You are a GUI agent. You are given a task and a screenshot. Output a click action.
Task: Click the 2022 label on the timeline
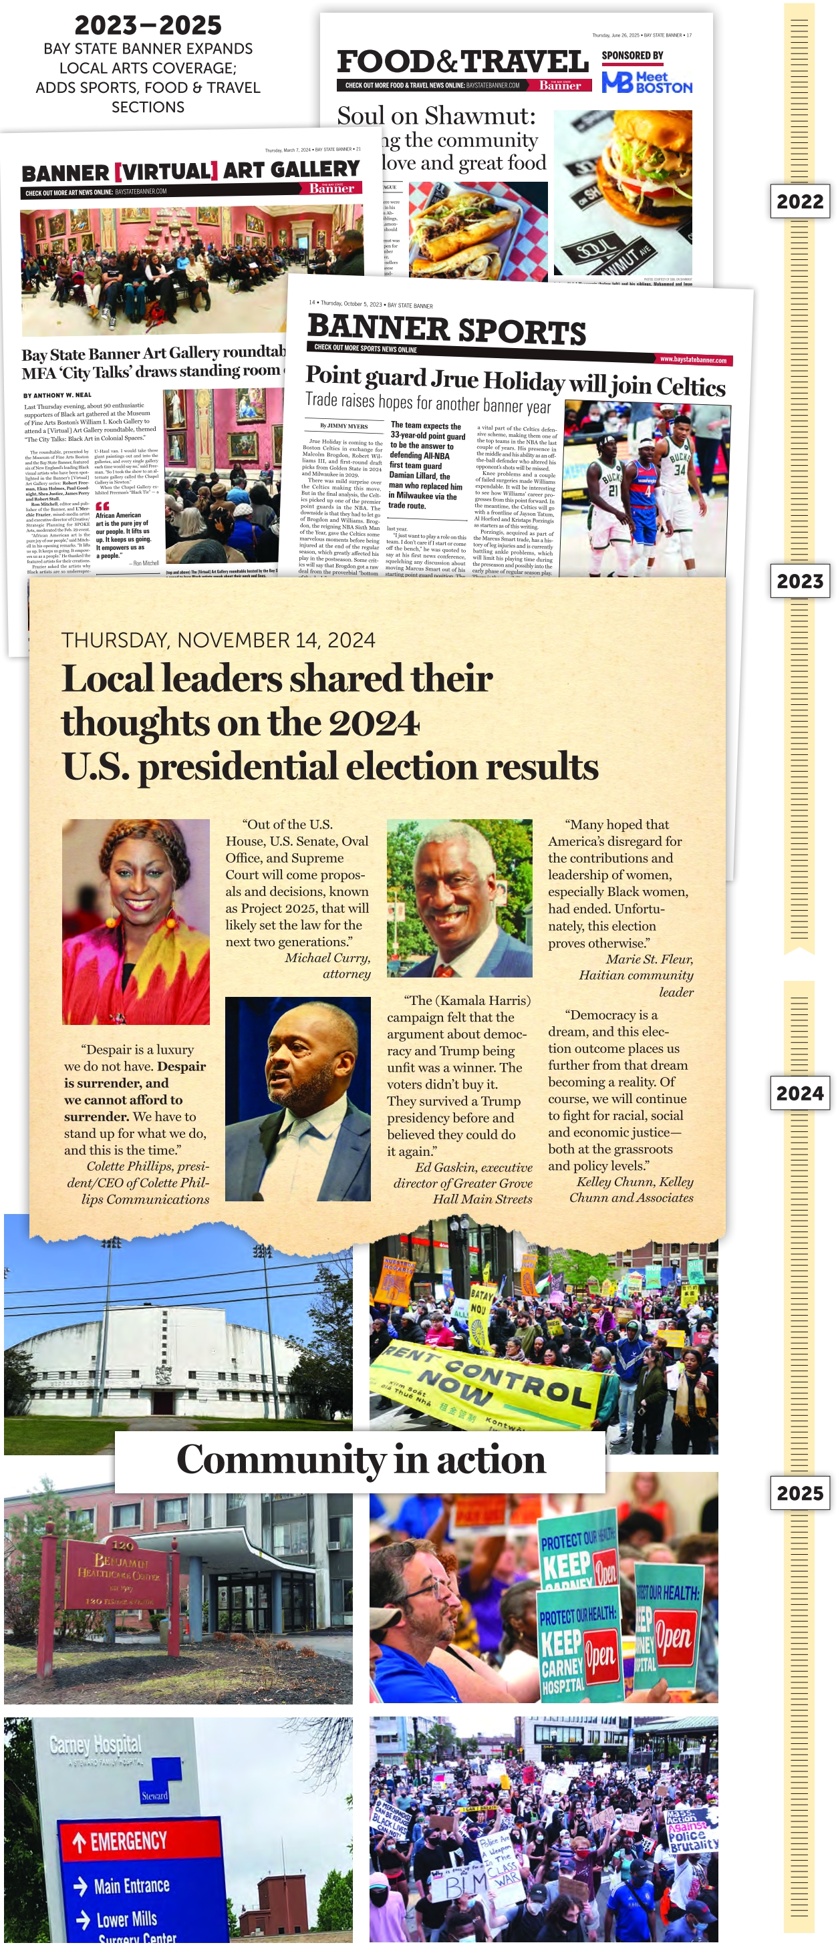(799, 202)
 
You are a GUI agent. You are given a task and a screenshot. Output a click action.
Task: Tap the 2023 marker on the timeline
(799, 581)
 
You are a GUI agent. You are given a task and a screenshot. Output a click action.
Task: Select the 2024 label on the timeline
(799, 1094)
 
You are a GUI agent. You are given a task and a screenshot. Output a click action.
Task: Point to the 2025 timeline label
(799, 1493)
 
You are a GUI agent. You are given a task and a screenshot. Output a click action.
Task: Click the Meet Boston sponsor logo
(647, 82)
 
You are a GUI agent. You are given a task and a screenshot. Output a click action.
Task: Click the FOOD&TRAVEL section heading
(462, 62)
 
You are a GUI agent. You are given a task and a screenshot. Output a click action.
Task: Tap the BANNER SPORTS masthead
(446, 329)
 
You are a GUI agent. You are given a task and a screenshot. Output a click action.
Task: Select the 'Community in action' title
(360, 1459)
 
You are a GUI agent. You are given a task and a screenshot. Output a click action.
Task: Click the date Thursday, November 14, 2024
(219, 640)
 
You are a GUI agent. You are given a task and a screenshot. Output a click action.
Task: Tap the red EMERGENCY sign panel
(140, 1839)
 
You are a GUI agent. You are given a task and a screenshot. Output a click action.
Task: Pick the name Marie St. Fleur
(649, 959)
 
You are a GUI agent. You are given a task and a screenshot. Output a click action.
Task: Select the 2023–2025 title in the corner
(148, 25)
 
